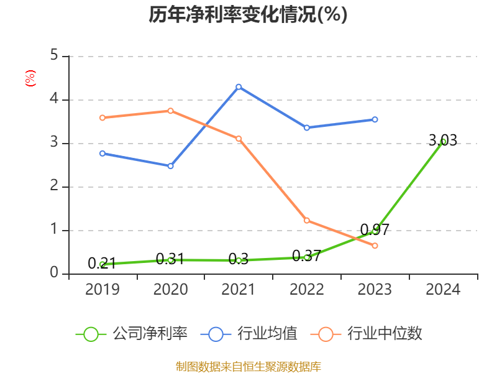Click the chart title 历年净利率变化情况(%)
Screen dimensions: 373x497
click(248, 15)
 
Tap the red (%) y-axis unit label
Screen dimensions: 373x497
click(30, 78)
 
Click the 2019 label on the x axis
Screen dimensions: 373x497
click(103, 289)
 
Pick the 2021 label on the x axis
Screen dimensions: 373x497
click(239, 289)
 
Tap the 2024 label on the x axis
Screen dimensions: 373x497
click(443, 289)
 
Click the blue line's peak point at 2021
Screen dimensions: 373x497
click(239, 86)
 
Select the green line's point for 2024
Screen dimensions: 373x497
click(443, 142)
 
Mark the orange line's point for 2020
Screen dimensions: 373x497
click(170, 111)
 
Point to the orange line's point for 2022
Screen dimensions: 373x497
click(307, 220)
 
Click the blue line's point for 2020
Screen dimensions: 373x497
click(170, 166)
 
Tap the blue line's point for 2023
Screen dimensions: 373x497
click(375, 119)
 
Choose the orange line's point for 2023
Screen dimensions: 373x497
click(375, 246)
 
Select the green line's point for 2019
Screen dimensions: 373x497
click(103, 264)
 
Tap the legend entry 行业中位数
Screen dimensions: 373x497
click(370, 334)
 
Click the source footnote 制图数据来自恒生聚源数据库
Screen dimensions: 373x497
click(248, 366)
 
